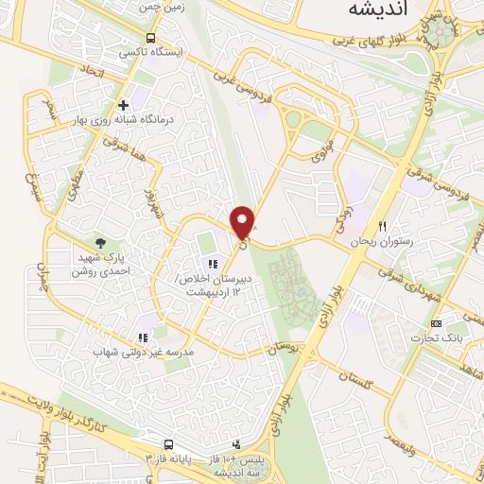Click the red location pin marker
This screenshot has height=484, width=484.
point(243,221)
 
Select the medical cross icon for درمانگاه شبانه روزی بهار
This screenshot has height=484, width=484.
point(123,105)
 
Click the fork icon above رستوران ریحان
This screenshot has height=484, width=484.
point(383,226)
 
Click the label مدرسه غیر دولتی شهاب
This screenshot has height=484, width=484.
point(142,352)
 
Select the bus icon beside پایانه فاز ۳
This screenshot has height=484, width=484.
point(168,443)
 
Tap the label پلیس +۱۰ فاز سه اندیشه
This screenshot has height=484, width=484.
point(249,464)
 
